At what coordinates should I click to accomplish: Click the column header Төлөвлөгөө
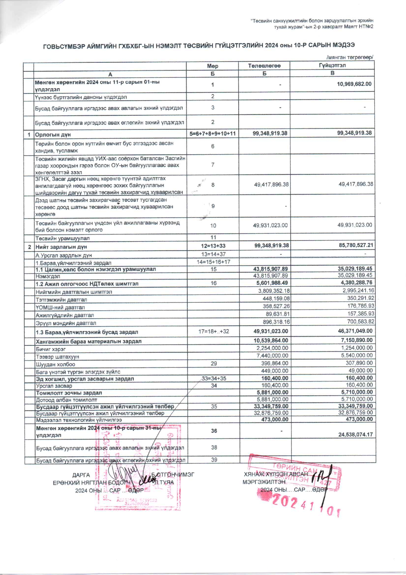click(264, 66)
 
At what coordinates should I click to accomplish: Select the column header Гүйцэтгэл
click(332, 65)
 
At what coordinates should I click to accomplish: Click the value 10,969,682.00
click(354, 84)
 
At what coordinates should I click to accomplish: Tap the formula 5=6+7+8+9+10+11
click(212, 133)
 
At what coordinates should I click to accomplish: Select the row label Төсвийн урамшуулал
click(62, 238)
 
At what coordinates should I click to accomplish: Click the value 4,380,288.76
click(356, 282)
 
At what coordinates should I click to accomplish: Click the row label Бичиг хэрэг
click(51, 349)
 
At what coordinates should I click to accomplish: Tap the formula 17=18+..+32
click(213, 332)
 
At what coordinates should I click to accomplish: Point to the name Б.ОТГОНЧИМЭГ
click(173, 474)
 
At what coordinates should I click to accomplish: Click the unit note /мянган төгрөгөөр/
click(350, 57)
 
